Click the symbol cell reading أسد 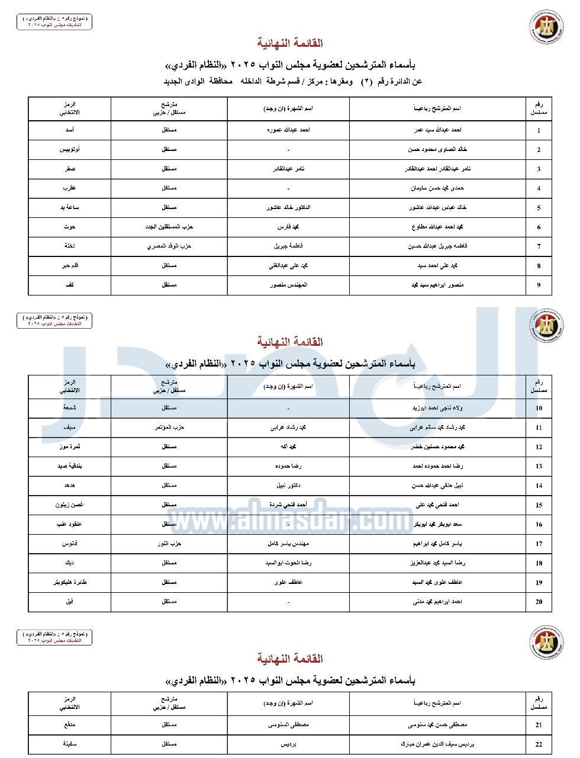tap(69, 130)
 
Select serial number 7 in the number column tap(539, 247)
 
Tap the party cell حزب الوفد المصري tap(169, 246)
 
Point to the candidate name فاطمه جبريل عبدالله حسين tap(437, 246)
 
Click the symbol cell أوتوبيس tap(69, 150)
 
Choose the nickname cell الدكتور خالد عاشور tap(288, 208)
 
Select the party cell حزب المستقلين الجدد tap(169, 227)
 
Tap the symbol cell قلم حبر tap(69, 266)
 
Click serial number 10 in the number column tap(539, 409)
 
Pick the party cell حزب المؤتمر tap(169, 428)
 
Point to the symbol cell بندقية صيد tap(69, 466)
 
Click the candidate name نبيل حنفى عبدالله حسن tap(437, 486)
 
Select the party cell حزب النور tap(169, 544)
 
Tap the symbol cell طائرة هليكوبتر tap(69, 582)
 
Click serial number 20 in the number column tap(539, 602)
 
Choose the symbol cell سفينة tap(69, 744)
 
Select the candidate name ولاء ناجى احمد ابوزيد tap(437, 408)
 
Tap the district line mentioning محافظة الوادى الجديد tap(292, 81)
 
